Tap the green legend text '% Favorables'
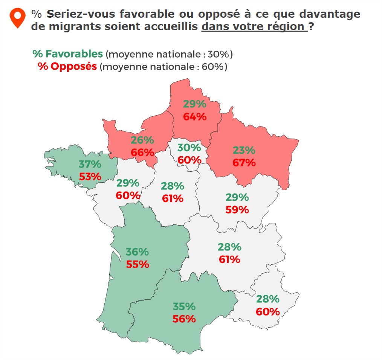click(68, 54)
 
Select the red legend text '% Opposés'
click(67, 67)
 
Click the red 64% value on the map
click(195, 117)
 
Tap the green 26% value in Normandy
click(142, 140)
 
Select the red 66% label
click(142, 153)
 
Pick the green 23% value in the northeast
click(244, 150)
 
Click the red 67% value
click(244, 163)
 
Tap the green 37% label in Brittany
click(90, 164)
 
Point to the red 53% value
click(90, 176)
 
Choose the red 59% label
click(237, 210)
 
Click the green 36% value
click(137, 252)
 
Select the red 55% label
click(137, 264)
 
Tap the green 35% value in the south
click(184, 306)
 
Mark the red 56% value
click(184, 319)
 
